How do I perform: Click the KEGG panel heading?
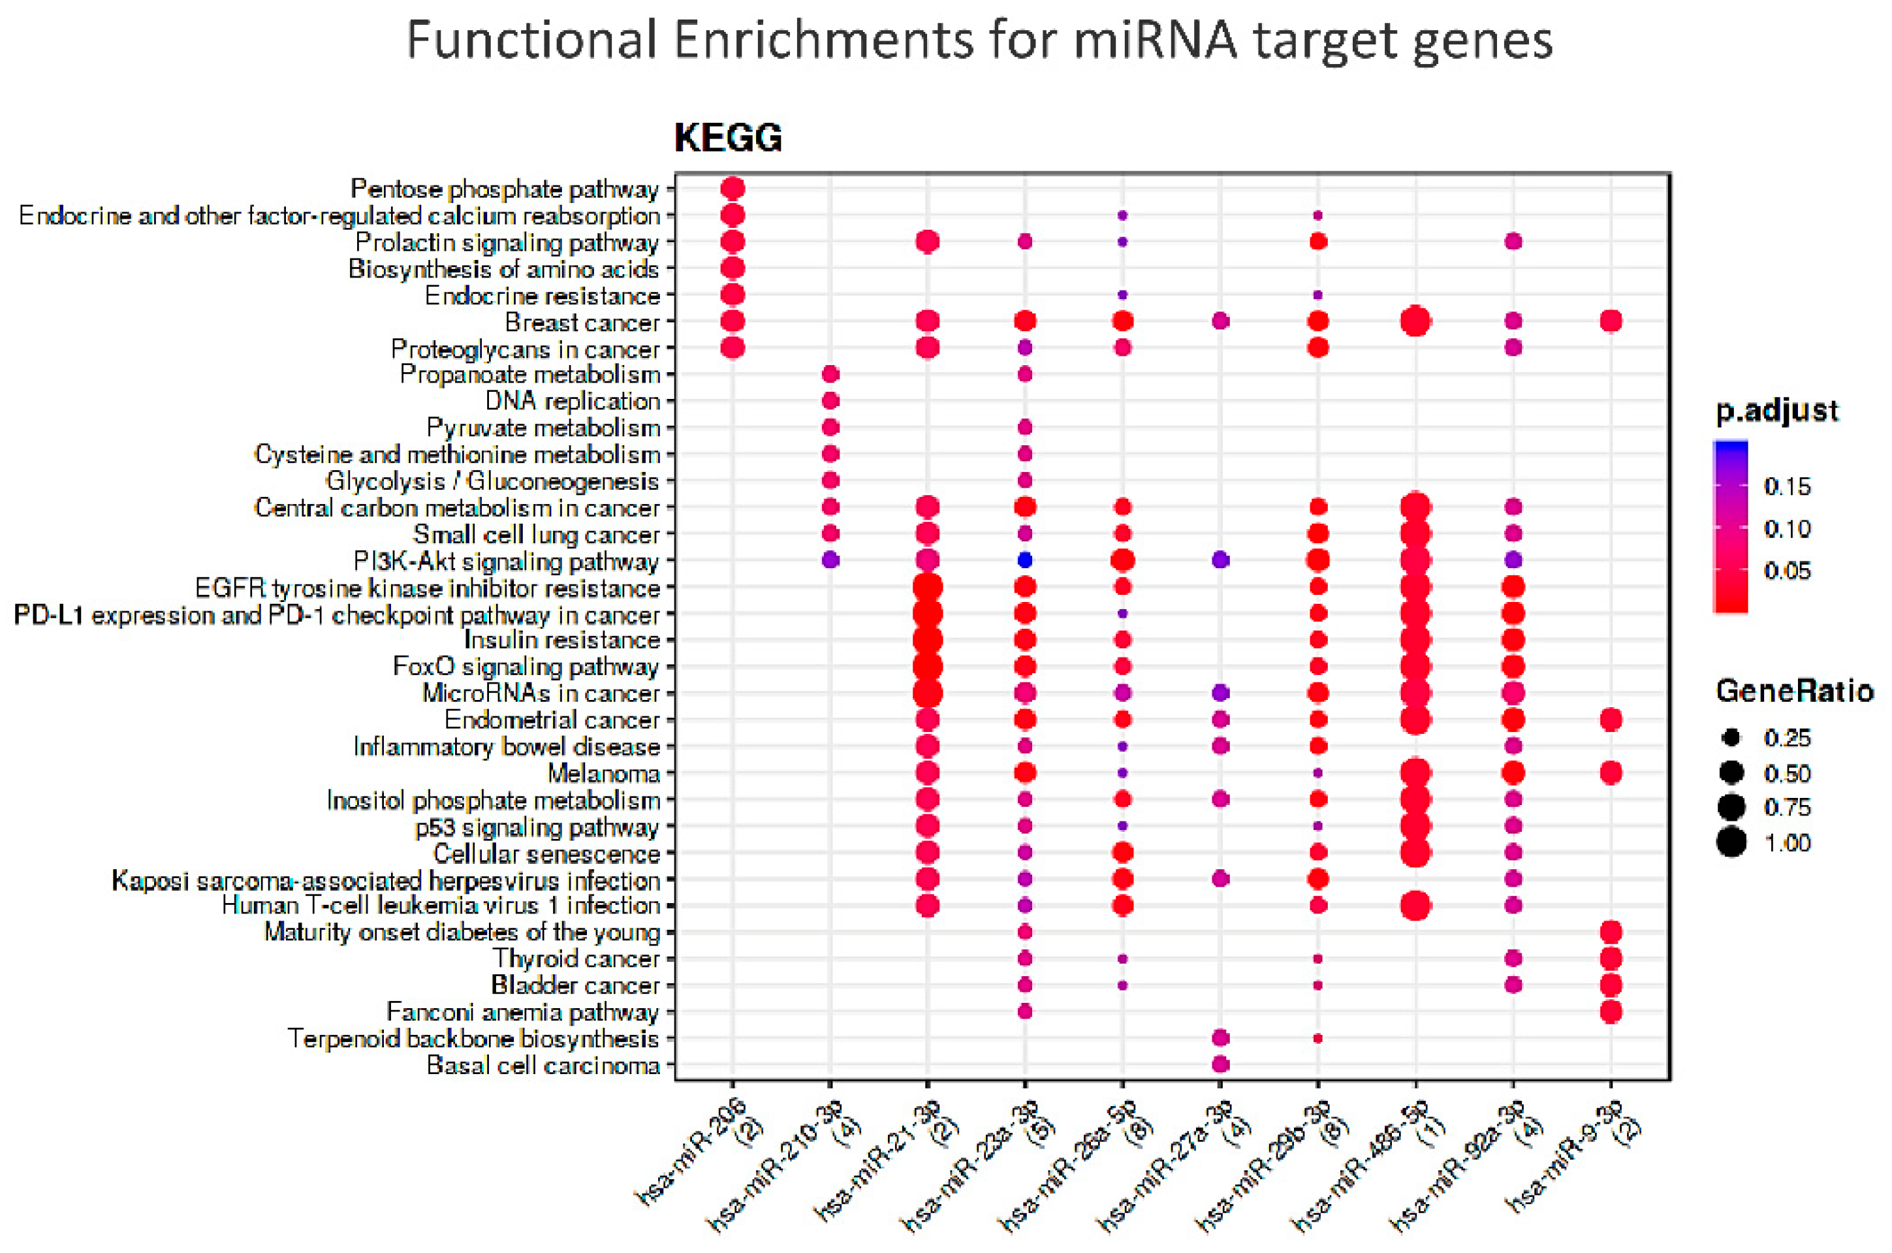728,138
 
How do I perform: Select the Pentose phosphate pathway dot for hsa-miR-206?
733,189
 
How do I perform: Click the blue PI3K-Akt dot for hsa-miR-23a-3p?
1025,560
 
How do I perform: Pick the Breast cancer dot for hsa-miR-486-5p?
1415,322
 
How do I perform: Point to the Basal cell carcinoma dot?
1220,1064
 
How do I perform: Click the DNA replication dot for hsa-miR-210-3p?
830,400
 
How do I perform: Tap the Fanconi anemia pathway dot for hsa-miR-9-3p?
1610,1011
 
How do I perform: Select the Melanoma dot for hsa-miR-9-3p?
1610,772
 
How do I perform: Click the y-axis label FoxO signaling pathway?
526,667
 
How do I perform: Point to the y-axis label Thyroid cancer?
576,958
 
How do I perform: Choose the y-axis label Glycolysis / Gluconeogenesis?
492,481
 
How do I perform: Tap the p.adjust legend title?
1777,411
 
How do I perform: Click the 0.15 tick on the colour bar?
1786,486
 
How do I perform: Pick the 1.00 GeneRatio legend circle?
1731,843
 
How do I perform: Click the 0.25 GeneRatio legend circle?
1731,738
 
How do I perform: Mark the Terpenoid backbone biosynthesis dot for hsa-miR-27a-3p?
1220,1038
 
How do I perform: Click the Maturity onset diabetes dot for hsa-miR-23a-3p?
1025,932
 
